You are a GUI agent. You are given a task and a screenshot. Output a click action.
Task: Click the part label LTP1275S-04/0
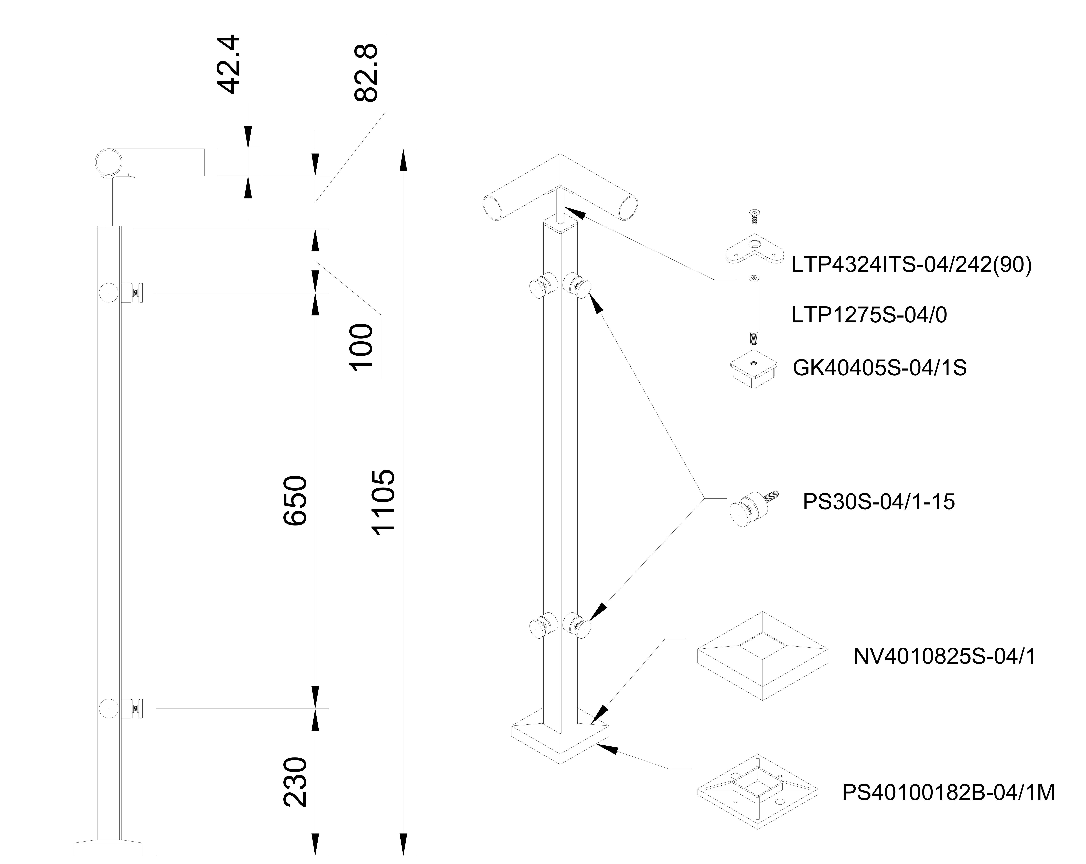pyautogui.click(x=869, y=315)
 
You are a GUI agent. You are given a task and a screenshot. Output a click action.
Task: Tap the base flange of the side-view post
pyautogui.click(x=108, y=848)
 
